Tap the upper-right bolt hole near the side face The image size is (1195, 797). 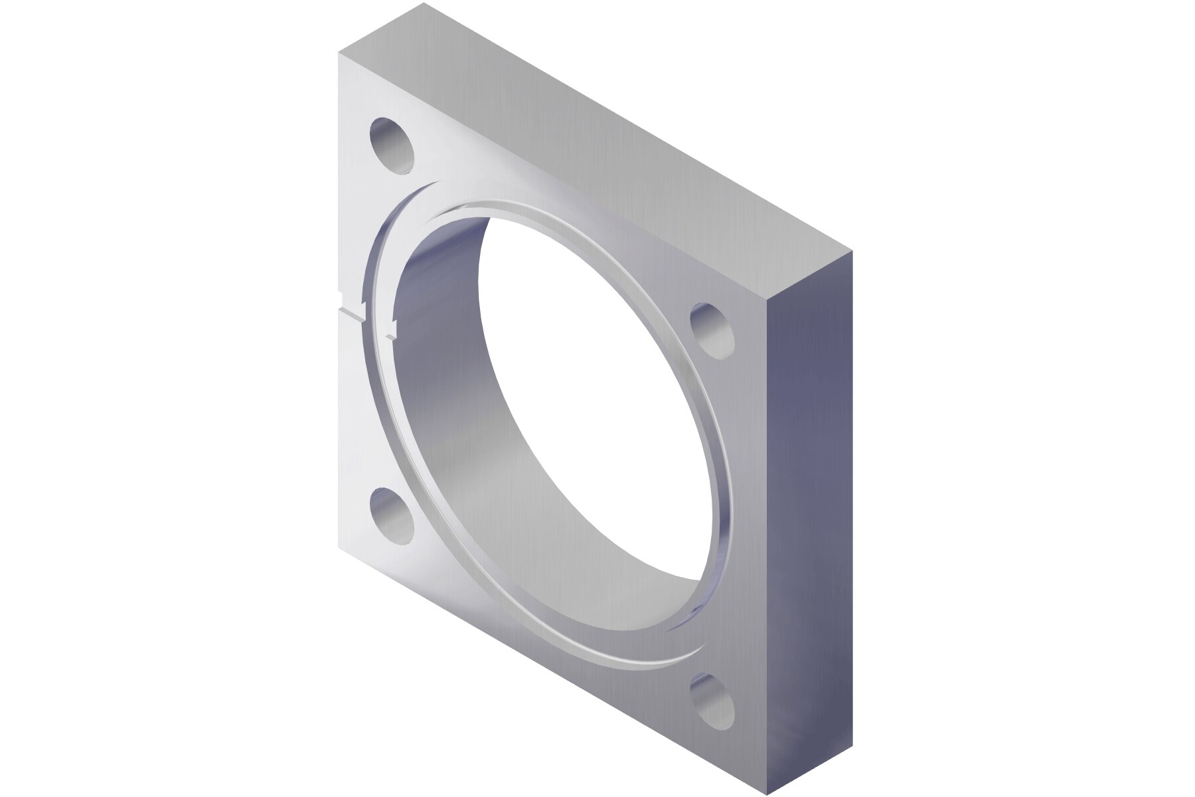(712, 329)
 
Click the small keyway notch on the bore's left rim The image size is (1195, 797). (390, 329)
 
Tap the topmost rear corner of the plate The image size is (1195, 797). (423, 3)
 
